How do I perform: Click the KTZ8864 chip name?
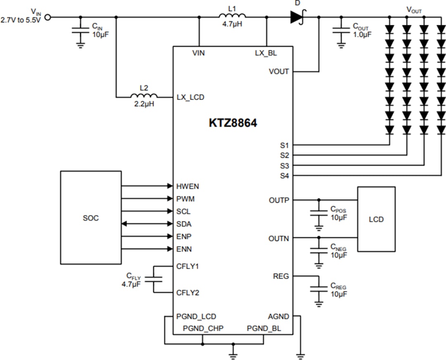pyautogui.click(x=233, y=123)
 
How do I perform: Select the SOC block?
pyautogui.click(x=91, y=217)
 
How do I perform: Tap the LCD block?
pyautogui.click(x=376, y=219)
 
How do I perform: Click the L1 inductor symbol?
pyautogui.click(x=232, y=17)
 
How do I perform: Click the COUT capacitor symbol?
pyautogui.click(x=341, y=30)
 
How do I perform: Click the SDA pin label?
pyautogui.click(x=184, y=224)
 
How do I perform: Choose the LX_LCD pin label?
pyautogui.click(x=190, y=98)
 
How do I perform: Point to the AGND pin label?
pyautogui.click(x=279, y=317)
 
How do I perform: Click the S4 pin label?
pyautogui.click(x=284, y=176)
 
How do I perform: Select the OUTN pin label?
pyautogui.click(x=279, y=238)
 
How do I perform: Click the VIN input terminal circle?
pyautogui.click(x=48, y=17)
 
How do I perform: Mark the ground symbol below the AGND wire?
pyautogui.click(x=300, y=355)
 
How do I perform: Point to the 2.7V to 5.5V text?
pyautogui.click(x=21, y=20)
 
